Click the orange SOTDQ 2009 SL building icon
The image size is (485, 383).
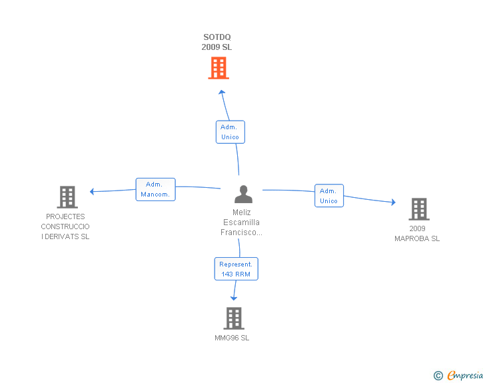click(x=219, y=68)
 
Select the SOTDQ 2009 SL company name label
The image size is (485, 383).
click(x=217, y=42)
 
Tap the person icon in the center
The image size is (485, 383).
click(x=243, y=194)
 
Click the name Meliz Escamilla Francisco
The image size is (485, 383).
click(x=241, y=222)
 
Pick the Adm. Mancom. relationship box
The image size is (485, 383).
click(x=156, y=189)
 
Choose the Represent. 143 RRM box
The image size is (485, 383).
click(x=236, y=269)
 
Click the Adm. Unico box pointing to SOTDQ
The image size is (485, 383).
click(x=230, y=132)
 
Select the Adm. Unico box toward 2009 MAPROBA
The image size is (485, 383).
click(x=329, y=196)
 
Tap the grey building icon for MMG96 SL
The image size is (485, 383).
click(x=234, y=318)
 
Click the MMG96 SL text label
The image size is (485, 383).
click(x=232, y=338)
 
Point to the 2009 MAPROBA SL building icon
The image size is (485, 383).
click(x=419, y=209)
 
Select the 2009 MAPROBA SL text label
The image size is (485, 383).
click(x=417, y=234)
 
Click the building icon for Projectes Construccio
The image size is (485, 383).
click(x=67, y=197)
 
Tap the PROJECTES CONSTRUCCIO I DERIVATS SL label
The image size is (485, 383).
click(x=65, y=226)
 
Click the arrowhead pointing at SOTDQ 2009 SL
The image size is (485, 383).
click(x=221, y=92)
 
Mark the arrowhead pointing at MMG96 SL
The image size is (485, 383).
click(x=234, y=298)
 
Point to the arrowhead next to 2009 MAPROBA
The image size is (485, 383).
click(x=394, y=202)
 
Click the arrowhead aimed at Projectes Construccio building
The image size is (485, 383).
click(x=92, y=192)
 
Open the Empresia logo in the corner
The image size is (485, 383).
click(x=465, y=375)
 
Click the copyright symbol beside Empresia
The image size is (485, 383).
click(x=438, y=376)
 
